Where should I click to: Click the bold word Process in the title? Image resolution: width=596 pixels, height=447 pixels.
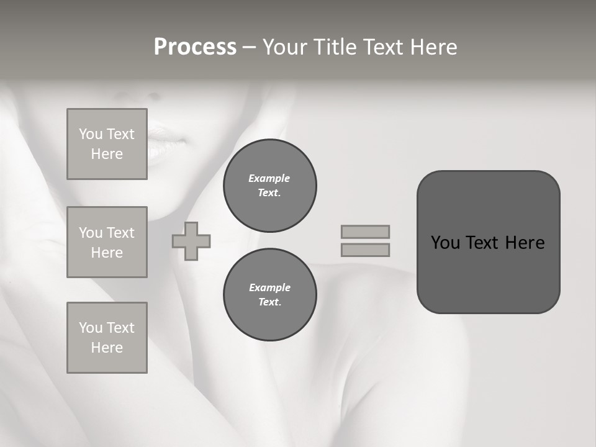pyautogui.click(x=195, y=47)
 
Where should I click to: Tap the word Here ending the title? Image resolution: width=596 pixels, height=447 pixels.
pyautogui.click(x=432, y=47)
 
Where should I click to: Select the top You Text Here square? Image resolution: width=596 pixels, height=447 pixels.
pyautogui.click(x=107, y=144)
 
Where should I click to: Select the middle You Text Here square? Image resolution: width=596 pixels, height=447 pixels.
pyautogui.click(x=107, y=242)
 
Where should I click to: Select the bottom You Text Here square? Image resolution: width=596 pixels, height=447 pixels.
pyautogui.click(x=107, y=338)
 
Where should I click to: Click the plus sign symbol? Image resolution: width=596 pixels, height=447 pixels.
pyautogui.click(x=191, y=241)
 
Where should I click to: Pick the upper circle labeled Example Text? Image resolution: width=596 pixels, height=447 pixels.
pyautogui.click(x=269, y=186)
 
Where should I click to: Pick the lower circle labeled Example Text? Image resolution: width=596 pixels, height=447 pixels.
pyautogui.click(x=269, y=295)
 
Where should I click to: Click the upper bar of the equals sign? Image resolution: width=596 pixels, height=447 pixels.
pyautogui.click(x=365, y=232)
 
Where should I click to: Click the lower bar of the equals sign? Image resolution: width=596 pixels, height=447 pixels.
pyautogui.click(x=365, y=250)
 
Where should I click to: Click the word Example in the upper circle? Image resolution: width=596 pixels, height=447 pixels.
pyautogui.click(x=269, y=178)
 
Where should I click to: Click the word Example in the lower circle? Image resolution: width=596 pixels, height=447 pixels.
pyautogui.click(x=269, y=287)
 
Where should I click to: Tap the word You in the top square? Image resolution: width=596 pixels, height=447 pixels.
pyautogui.click(x=91, y=134)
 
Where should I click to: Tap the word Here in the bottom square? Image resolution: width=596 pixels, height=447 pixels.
pyautogui.click(x=107, y=348)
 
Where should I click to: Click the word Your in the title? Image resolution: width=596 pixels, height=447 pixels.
pyautogui.click(x=284, y=47)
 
